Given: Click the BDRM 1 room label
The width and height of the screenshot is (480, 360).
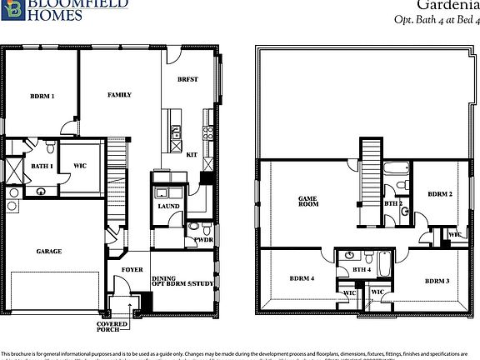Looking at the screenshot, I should tap(42, 97).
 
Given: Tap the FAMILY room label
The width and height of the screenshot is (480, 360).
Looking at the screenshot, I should tap(119, 95).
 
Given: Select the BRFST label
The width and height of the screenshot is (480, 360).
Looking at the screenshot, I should tap(187, 78).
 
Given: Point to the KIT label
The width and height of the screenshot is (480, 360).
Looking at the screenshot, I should tap(192, 154).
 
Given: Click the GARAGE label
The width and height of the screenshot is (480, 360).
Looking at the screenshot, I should tap(49, 251).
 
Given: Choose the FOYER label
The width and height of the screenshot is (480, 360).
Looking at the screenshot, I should tap(132, 270).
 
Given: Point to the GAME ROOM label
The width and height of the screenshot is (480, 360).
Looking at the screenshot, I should tap(310, 201).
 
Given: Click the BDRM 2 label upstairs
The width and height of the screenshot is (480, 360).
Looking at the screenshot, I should tap(440, 194).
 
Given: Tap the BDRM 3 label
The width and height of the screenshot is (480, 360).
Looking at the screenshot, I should tap(437, 281).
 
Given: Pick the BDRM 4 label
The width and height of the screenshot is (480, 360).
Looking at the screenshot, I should tap(302, 277).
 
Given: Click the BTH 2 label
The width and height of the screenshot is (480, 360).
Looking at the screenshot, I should tap(393, 203).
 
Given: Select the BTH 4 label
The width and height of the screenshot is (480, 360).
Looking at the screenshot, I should tap(362, 269).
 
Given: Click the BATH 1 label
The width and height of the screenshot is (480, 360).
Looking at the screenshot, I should tap(42, 167).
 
